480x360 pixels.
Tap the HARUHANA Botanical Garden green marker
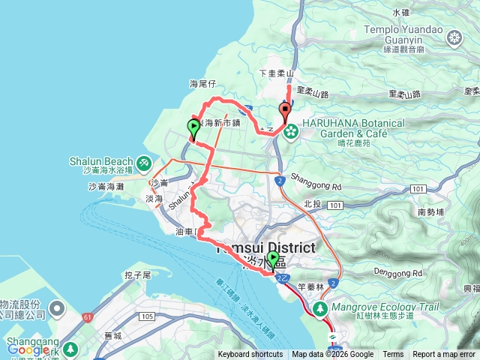pyautogui.click(x=289, y=132)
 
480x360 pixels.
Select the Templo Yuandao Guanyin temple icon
pyautogui.click(x=454, y=37)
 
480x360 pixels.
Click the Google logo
pyautogui.click(x=28, y=349)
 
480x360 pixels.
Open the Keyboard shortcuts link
pyautogui.click(x=250, y=355)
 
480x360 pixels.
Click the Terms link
pyautogui.click(x=393, y=355)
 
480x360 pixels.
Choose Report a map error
pyautogui.click(x=445, y=355)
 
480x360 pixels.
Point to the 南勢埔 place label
pyautogui.click(x=431, y=212)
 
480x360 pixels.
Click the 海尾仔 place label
pyautogui.click(x=202, y=84)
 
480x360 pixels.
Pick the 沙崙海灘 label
pyautogui.click(x=106, y=187)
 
